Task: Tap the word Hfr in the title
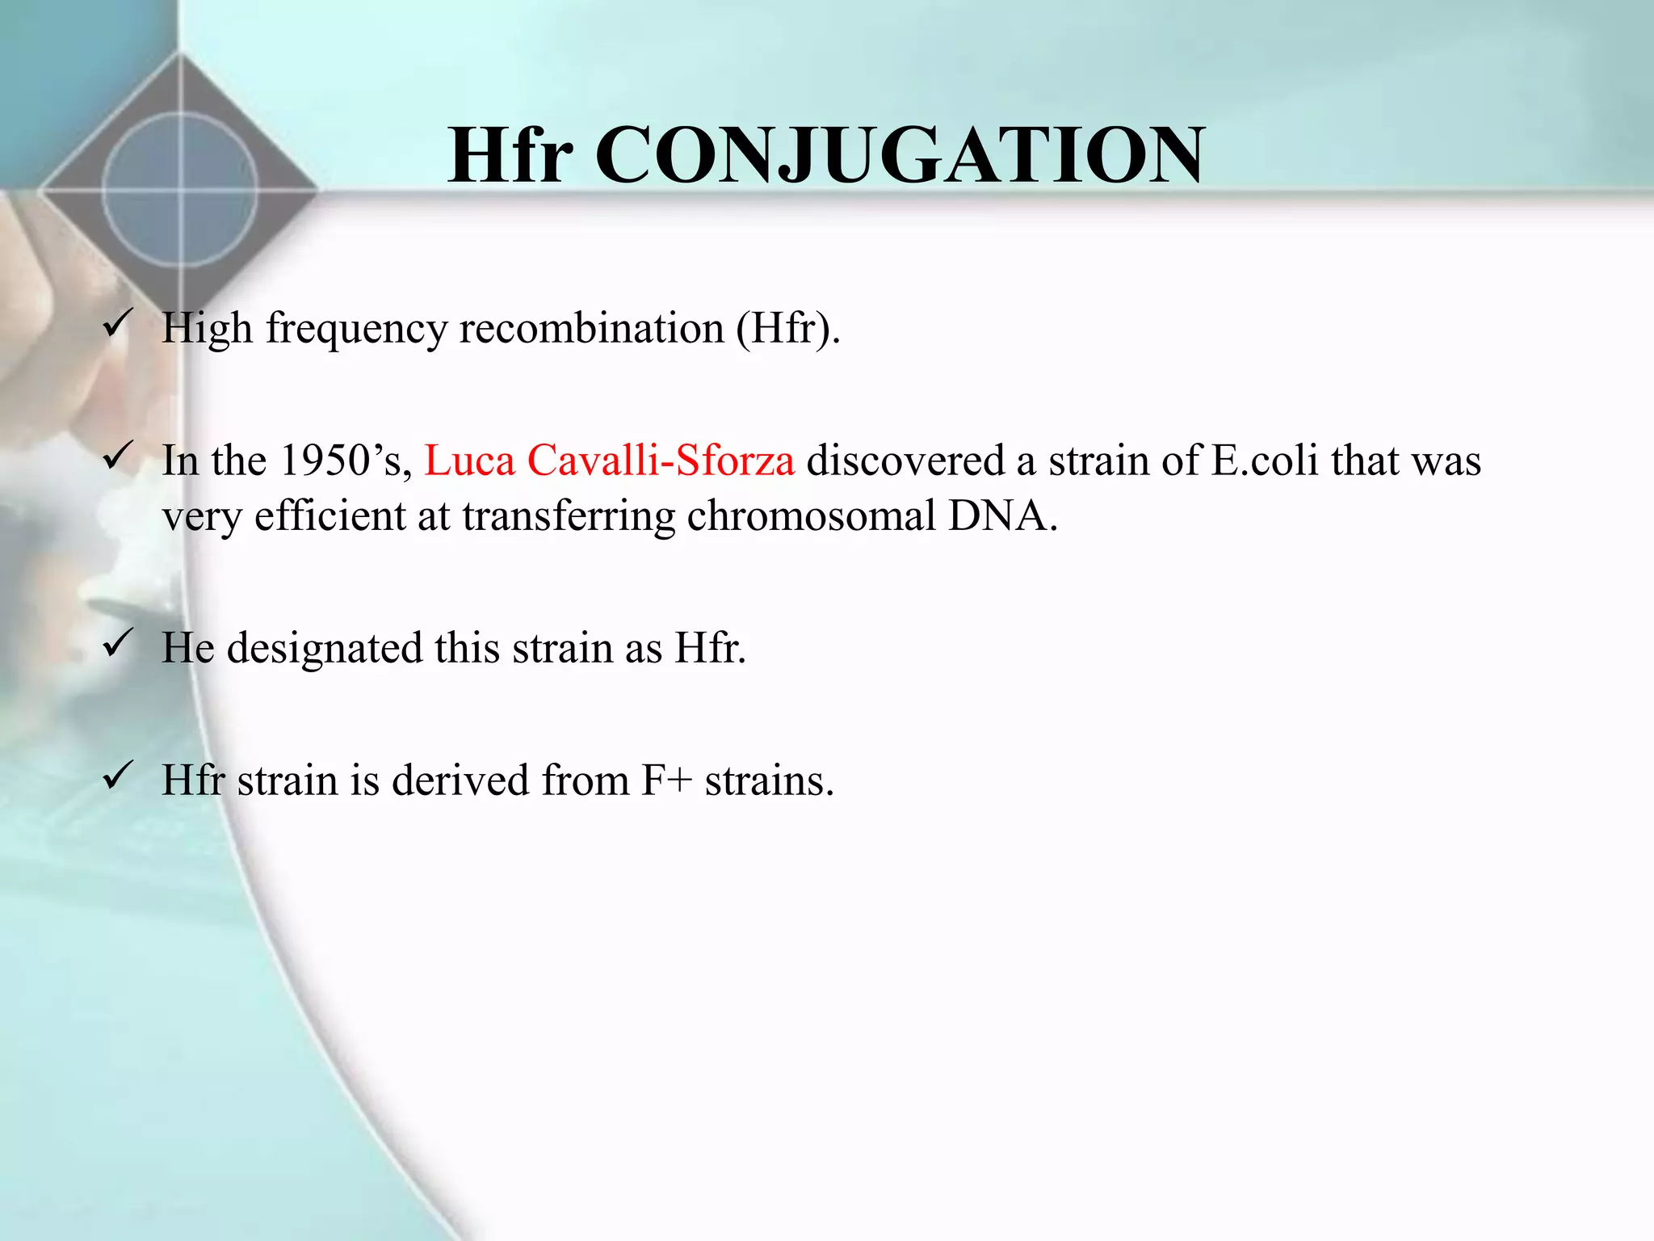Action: click(510, 155)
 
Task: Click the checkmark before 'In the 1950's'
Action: click(118, 456)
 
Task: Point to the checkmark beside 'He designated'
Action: click(118, 644)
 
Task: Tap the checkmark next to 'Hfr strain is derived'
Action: click(118, 776)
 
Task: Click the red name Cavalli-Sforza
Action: click(661, 461)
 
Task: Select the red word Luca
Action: click(469, 461)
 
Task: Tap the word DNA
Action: click(1001, 515)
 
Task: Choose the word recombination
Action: click(591, 328)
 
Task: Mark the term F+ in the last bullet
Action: click(666, 780)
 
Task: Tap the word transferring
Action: click(569, 515)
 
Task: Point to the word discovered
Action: click(905, 461)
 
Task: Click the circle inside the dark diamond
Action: click(179, 190)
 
